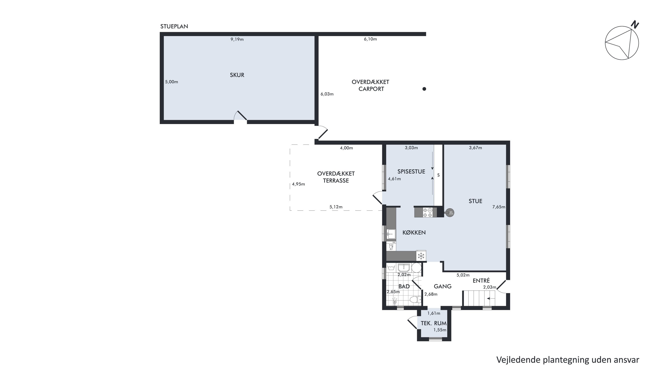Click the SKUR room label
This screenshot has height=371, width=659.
(x=237, y=75)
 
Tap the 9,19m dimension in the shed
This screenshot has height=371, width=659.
(x=237, y=39)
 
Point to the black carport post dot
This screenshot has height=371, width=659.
(x=424, y=89)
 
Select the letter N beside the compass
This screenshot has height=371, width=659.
(x=635, y=25)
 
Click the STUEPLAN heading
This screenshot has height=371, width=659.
(x=174, y=26)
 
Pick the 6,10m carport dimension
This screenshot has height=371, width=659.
(x=370, y=39)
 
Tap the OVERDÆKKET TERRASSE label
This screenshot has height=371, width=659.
(x=336, y=177)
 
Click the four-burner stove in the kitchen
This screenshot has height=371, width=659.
(x=427, y=212)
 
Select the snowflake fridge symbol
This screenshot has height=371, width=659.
(x=421, y=256)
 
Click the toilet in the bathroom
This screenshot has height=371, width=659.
(x=416, y=299)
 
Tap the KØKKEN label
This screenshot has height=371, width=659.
(x=414, y=232)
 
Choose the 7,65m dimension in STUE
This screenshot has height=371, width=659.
(x=499, y=207)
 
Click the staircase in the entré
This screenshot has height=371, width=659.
(x=479, y=298)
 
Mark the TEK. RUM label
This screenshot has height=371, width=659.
(x=434, y=323)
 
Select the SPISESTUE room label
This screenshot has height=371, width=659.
(x=411, y=172)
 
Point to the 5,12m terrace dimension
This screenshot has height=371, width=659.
(x=336, y=207)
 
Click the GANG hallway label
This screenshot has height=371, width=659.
(x=443, y=287)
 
